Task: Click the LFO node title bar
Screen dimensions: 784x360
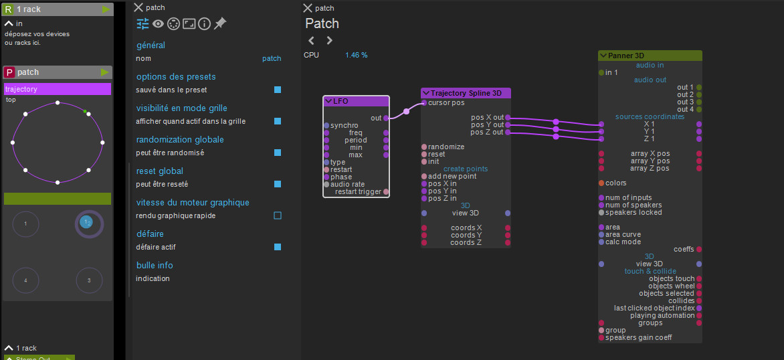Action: (x=356, y=101)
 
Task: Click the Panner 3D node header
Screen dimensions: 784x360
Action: (x=650, y=56)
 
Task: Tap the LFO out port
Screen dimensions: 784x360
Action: (x=385, y=118)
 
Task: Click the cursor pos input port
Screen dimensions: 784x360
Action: (x=424, y=103)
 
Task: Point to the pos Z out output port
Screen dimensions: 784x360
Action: (x=508, y=132)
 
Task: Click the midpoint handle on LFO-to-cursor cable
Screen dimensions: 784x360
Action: (x=406, y=111)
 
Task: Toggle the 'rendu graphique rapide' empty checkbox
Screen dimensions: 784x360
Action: (x=278, y=215)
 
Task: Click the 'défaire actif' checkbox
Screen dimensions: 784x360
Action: (x=278, y=247)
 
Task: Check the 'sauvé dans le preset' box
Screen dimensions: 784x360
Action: (x=278, y=90)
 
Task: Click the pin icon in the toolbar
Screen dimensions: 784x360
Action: (x=219, y=23)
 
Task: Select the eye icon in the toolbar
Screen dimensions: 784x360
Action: (x=159, y=23)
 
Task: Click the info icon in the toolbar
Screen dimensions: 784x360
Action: (x=204, y=23)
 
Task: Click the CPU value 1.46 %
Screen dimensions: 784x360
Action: (x=356, y=55)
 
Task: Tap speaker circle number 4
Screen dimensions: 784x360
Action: (x=25, y=280)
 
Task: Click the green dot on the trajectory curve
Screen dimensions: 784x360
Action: (x=85, y=112)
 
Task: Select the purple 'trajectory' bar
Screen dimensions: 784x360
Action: (x=58, y=89)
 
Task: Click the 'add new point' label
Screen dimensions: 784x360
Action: (x=452, y=176)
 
